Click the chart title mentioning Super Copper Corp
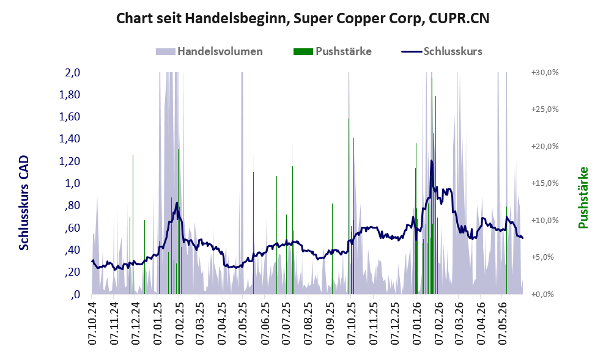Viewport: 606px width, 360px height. click(x=303, y=18)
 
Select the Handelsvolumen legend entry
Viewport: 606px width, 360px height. click(x=209, y=51)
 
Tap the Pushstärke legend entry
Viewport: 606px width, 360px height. click(x=333, y=51)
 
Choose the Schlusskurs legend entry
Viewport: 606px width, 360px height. click(x=442, y=51)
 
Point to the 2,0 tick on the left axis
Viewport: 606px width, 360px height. click(x=73, y=73)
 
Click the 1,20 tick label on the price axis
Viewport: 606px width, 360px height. click(x=70, y=161)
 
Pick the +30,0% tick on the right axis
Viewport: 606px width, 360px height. click(x=545, y=73)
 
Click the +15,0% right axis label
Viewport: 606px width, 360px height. click(x=545, y=183)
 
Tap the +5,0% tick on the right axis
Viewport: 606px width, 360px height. click(x=542, y=257)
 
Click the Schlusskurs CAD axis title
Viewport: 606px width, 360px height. click(x=24, y=203)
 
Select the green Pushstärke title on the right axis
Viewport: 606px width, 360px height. click(x=583, y=197)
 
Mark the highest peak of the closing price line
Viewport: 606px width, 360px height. click(x=431, y=160)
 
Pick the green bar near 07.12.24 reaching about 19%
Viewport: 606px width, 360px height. click(x=133, y=225)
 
